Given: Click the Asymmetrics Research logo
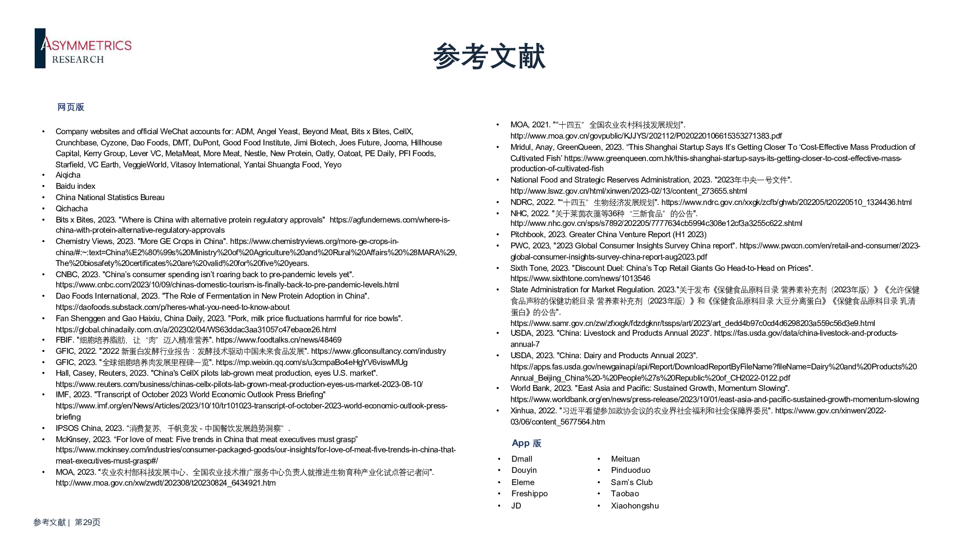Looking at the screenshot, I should [x=84, y=48].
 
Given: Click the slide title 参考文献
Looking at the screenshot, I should [x=489, y=56].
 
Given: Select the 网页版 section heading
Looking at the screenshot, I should [x=71, y=107].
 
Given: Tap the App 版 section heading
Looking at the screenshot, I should [x=526, y=443].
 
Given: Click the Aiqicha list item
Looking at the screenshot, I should [x=68, y=175].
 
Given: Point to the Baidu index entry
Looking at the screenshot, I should [x=75, y=186].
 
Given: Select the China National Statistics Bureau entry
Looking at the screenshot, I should [x=110, y=197].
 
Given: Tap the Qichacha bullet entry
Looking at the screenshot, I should [x=71, y=208].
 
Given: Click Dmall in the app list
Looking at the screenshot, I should [x=522, y=459].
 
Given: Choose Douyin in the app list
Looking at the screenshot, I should [x=524, y=470].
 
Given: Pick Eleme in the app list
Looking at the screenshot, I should [x=523, y=482].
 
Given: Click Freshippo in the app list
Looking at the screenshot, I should [x=530, y=493].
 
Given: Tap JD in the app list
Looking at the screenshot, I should [x=516, y=506].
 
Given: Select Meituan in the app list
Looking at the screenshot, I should [x=625, y=459].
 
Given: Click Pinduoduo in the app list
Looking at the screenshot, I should [x=631, y=470].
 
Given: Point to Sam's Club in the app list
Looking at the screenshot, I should [x=632, y=482].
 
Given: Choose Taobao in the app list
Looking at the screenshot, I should [x=625, y=493].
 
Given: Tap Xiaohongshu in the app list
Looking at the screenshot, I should [x=635, y=506].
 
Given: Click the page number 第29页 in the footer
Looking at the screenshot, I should [x=87, y=522].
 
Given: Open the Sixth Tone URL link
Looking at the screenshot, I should [x=580, y=279].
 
